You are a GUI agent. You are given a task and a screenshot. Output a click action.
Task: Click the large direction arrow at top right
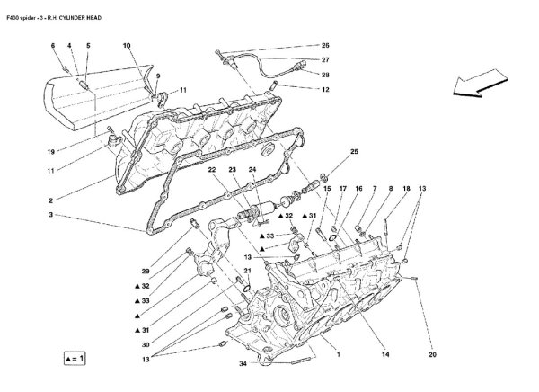point(483,81)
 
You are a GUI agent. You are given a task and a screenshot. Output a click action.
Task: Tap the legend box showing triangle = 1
point(77,358)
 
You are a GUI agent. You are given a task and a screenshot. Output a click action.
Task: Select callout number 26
point(325,45)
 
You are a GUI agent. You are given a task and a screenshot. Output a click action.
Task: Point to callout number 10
point(126,45)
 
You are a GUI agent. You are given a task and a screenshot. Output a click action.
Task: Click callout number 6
point(53,45)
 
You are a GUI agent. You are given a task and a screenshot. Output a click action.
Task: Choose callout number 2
point(53,199)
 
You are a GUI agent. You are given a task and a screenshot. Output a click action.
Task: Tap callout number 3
point(53,215)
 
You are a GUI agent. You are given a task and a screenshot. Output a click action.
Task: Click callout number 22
point(211,169)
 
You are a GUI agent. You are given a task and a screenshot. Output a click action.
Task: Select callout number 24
point(252,169)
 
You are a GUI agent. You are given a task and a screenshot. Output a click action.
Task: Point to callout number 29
point(146,271)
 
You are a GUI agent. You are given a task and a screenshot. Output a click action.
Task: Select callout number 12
point(325,89)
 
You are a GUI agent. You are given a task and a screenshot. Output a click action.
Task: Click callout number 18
point(406,189)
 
